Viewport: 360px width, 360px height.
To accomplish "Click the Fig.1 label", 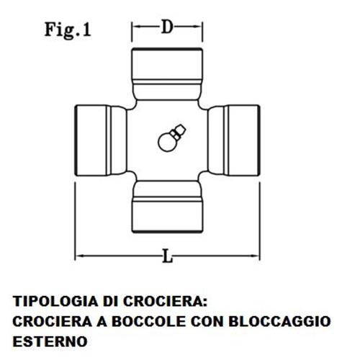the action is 68,30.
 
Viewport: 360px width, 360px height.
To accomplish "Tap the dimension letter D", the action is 167,27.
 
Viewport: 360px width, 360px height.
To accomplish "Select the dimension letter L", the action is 167,256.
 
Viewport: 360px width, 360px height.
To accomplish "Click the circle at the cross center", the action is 166,143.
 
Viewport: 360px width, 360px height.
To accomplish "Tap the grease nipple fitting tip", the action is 182,128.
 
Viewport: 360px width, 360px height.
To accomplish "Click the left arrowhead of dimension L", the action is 80,256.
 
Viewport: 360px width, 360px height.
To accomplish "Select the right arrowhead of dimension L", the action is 255,256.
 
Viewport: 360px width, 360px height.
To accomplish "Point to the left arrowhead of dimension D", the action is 136,27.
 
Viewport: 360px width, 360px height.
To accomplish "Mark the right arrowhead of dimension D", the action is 198,27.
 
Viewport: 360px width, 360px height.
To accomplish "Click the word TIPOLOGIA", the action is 55,301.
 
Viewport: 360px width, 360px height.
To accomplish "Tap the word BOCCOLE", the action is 149,321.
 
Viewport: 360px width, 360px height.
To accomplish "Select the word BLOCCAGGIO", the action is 279,321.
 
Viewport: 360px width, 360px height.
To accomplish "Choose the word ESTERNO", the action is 50,341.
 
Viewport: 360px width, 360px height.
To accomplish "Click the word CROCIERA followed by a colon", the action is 165,301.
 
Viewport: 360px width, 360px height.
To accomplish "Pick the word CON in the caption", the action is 207,321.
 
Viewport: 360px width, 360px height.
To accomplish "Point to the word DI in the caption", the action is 111,301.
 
